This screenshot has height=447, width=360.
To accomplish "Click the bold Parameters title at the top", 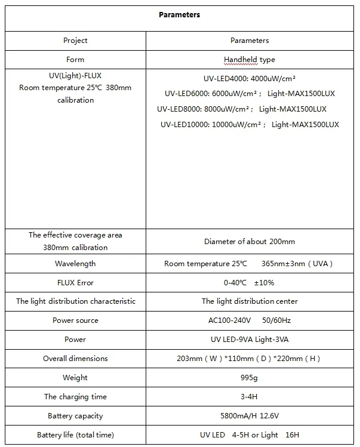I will pos(179,15).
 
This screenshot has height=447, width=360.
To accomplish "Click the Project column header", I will pos(75,41).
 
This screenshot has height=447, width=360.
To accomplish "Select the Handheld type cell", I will pos(249,60).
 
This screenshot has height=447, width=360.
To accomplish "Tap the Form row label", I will pos(75,60).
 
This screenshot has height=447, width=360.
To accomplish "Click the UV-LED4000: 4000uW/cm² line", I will pos(250,78).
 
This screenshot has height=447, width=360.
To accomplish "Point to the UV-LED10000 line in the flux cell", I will pos(250,125).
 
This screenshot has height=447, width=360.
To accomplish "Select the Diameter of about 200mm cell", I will pos(249,242).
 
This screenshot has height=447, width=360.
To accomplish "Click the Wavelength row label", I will pos(75,263).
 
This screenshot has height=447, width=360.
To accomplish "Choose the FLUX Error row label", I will pos(75,282).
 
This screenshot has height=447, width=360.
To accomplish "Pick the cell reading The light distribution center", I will pos(249,301).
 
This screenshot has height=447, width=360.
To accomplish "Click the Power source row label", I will pos(75,320).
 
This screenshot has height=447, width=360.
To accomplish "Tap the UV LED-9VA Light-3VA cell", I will pos(249,340).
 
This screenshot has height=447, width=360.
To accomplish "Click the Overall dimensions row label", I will pos(75,359).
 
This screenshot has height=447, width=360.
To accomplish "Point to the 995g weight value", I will pos(249,378).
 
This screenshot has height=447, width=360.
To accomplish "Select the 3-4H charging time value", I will pos(249,397).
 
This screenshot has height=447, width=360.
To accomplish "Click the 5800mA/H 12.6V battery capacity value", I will pos(249,416).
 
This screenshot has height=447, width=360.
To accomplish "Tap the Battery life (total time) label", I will pos(75,435).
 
